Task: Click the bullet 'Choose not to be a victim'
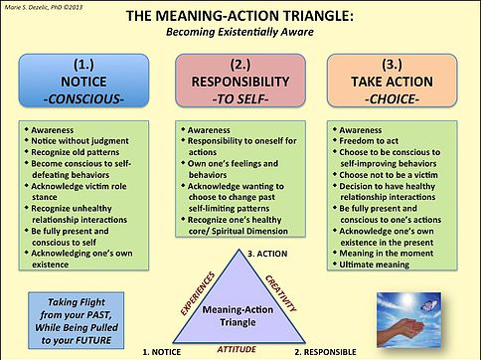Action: click(x=398, y=174)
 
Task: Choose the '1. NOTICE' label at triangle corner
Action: click(x=165, y=351)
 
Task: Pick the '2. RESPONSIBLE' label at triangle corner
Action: click(x=319, y=351)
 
